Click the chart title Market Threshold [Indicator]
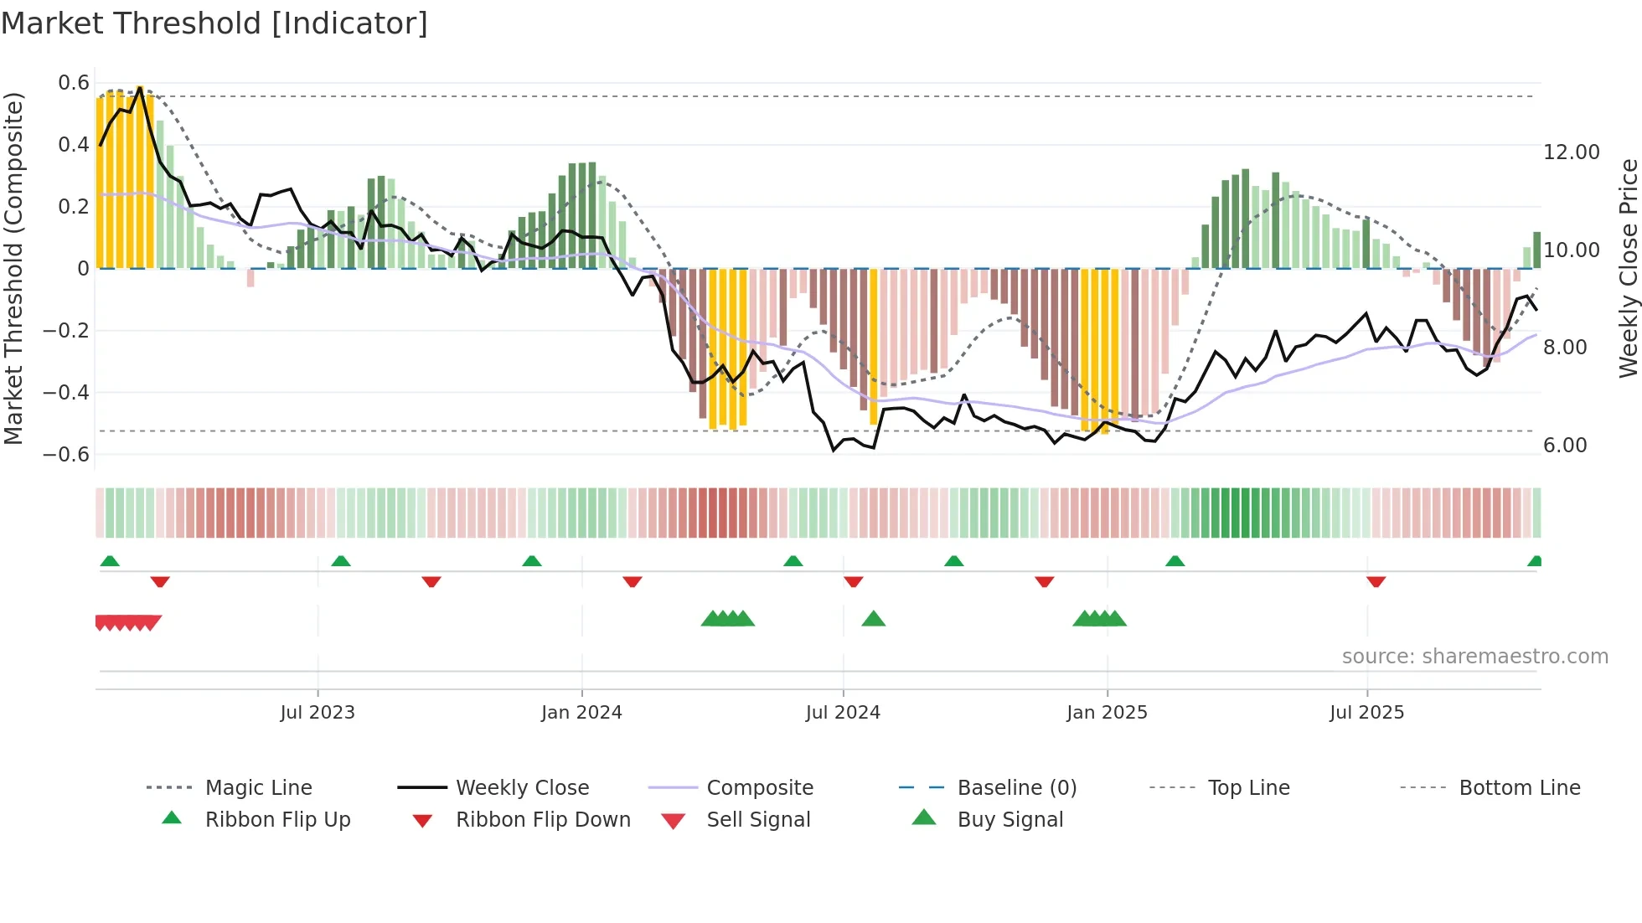(x=214, y=23)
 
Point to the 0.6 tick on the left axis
(x=74, y=83)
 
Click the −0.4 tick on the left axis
(x=66, y=392)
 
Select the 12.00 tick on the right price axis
(x=1571, y=152)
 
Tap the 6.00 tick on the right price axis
(x=1565, y=446)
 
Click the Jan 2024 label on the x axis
(x=581, y=713)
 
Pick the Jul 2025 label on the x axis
(x=1366, y=713)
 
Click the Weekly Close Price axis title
(x=1628, y=268)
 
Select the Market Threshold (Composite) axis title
(x=13, y=268)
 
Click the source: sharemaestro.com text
(x=1474, y=657)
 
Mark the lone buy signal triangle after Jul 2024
(x=873, y=619)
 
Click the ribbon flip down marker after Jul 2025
(x=1376, y=581)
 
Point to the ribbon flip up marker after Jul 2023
(x=340, y=561)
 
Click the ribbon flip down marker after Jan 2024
(x=633, y=581)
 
